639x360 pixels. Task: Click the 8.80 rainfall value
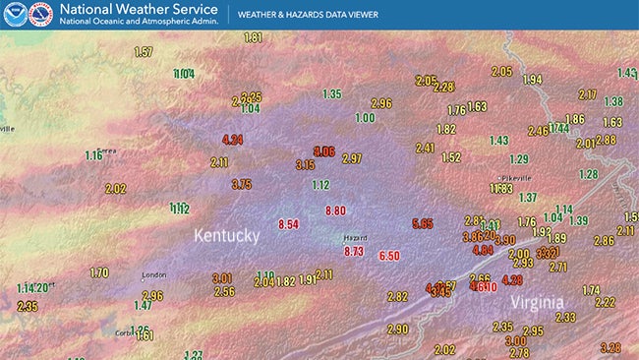click(335, 210)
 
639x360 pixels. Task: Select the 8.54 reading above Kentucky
click(288, 224)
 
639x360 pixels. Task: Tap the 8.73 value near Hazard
click(354, 252)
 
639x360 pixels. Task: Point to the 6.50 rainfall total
click(389, 256)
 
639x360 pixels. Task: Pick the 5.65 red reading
click(423, 223)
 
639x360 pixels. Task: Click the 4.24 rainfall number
click(233, 140)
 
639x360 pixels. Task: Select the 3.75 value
click(242, 184)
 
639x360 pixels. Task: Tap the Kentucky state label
click(226, 236)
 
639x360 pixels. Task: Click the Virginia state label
click(536, 302)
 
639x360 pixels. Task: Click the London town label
click(154, 275)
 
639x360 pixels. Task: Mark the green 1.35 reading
click(331, 93)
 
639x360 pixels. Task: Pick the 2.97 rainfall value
click(352, 158)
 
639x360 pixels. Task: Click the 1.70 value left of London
click(99, 272)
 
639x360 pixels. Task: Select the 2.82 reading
click(397, 296)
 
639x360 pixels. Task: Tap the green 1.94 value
click(532, 80)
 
